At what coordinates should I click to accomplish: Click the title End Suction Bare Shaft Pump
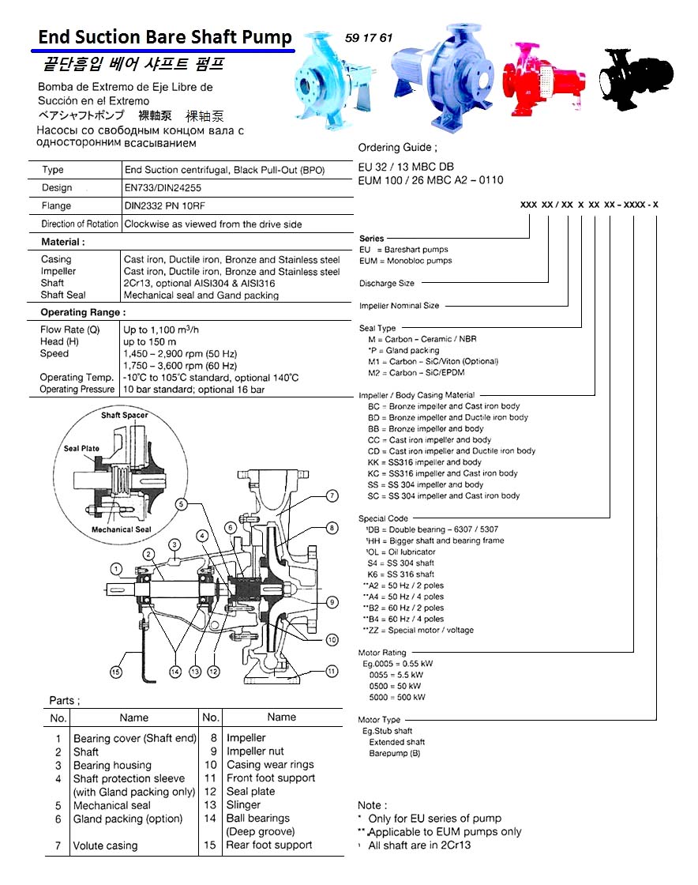pos(165,36)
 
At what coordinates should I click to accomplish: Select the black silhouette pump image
pos(636,77)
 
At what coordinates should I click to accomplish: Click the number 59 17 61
pos(369,38)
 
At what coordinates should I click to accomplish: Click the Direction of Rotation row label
pos(80,224)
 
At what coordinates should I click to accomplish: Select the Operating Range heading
pos(83,312)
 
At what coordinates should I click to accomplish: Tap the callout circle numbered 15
pos(116,672)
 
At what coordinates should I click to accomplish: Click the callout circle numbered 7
pos(332,495)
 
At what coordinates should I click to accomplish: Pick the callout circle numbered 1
pos(116,568)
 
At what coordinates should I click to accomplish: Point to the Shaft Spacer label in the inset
pos(124,415)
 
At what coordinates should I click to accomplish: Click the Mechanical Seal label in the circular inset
pos(121,529)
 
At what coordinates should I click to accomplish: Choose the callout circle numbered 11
pos(332,671)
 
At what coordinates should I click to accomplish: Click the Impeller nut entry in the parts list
pos(255,751)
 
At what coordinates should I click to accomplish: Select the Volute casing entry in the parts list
pos(105,845)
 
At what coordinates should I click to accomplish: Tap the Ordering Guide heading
pos(397,148)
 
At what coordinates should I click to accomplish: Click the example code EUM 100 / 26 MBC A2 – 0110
pos(430,180)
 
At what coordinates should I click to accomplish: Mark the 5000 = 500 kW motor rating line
pos(397,698)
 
